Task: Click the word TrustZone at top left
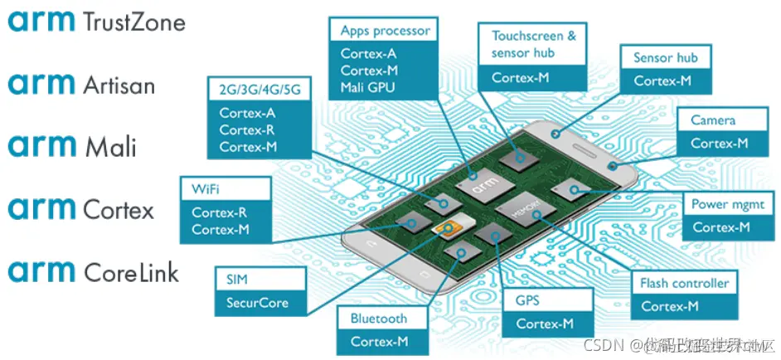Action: (133, 22)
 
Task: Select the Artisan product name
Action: (119, 84)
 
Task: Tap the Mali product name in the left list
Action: (111, 147)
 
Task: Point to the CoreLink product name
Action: (131, 271)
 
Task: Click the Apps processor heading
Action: (385, 31)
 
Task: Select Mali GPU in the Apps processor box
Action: (368, 86)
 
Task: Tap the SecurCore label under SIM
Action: (257, 303)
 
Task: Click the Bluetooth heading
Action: (379, 319)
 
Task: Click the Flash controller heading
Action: (684, 283)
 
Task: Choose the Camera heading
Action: (713, 120)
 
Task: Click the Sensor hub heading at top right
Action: (665, 58)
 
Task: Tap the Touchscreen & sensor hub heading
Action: (533, 44)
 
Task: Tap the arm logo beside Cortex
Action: (41, 208)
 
